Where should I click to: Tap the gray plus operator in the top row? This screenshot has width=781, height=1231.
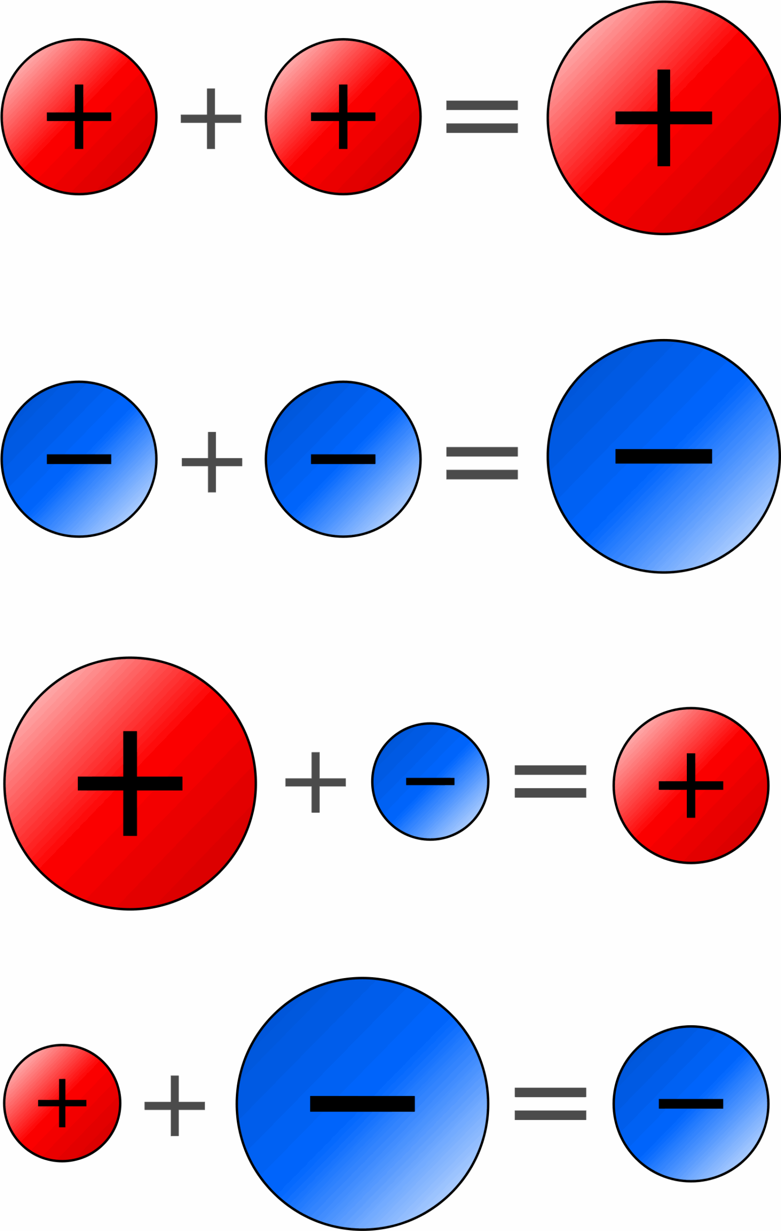pyautogui.click(x=211, y=119)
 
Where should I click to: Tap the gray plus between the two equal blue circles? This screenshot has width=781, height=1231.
pyautogui.click(x=212, y=462)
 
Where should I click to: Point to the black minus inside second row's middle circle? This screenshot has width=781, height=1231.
pyautogui.click(x=343, y=459)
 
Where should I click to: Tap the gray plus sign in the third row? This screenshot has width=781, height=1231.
pyautogui.click(x=316, y=782)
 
